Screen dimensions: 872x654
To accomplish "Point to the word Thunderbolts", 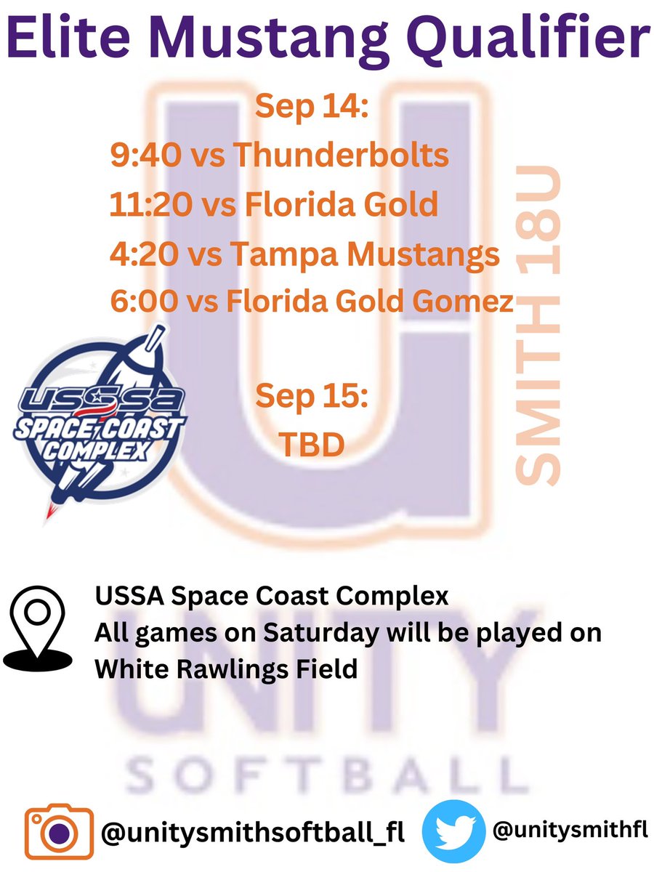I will tap(342, 156).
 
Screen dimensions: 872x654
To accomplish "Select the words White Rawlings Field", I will tap(226, 668).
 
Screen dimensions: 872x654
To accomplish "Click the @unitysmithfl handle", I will tap(570, 829).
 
